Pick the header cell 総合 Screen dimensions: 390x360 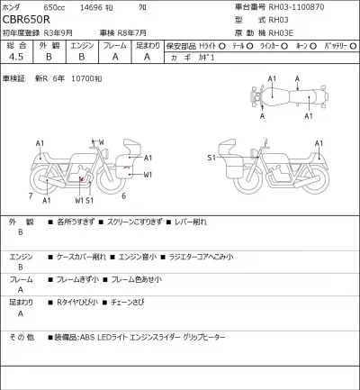tap(15, 45)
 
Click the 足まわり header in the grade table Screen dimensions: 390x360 tap(147, 45)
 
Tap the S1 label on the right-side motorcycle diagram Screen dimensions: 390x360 tap(212, 157)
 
